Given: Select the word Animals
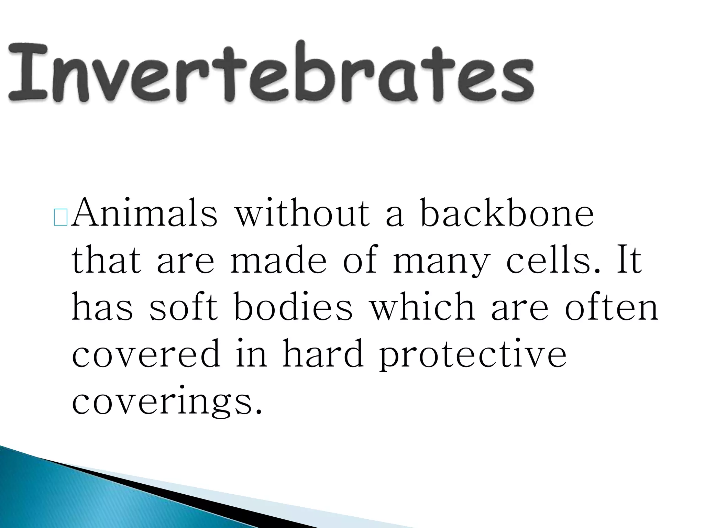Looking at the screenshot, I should pyautogui.click(x=144, y=213).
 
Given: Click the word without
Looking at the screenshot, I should pyautogui.click(x=302, y=213).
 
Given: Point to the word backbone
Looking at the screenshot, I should pyautogui.click(x=507, y=213).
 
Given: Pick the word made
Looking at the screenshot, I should pyautogui.click(x=278, y=260).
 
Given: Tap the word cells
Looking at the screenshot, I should pyautogui.click(x=553, y=260).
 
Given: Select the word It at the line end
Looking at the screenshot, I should pyautogui.click(x=629, y=260).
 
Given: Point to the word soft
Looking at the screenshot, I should pyautogui.click(x=184, y=307).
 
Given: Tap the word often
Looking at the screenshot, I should pyautogui.click(x=612, y=307).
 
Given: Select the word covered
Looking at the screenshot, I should pyautogui.click(x=146, y=354).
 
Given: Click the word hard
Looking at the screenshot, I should pyautogui.click(x=323, y=354).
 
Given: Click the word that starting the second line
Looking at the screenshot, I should pyautogui.click(x=107, y=260).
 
